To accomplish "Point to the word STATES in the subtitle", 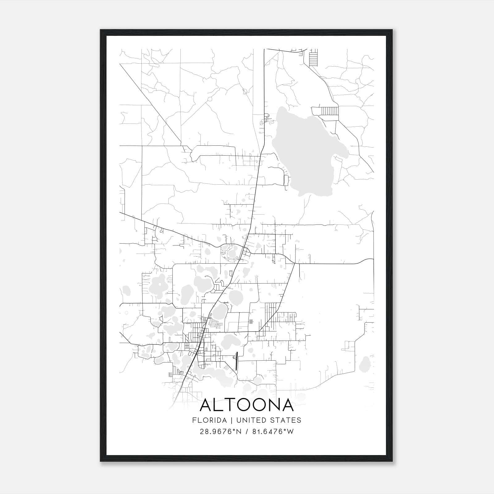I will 287,420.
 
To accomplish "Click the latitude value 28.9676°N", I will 220,432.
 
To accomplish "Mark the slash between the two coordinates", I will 246,432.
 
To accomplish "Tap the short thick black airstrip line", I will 237,361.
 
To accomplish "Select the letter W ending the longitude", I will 290,432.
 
